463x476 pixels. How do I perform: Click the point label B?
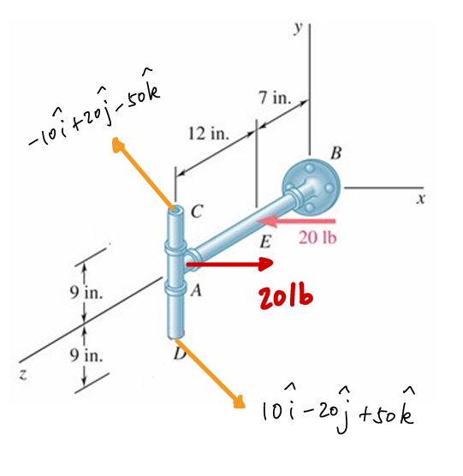(335, 154)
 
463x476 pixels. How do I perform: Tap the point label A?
(196, 290)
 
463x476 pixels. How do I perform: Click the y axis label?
(298, 27)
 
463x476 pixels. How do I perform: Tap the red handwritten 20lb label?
(285, 296)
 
